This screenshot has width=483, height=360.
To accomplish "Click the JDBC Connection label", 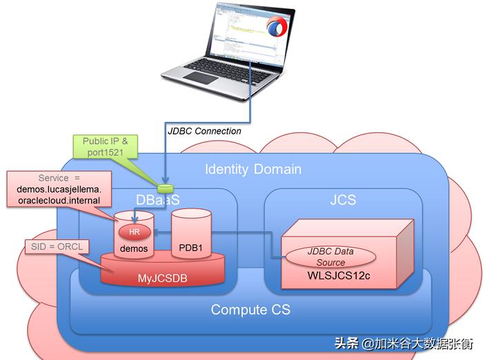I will [204, 131].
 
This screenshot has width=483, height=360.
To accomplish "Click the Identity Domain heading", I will [253, 169].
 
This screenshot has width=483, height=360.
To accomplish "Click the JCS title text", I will [342, 200].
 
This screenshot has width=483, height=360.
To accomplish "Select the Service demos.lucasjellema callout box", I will [58, 189].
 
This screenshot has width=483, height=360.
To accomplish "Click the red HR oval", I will [135, 232].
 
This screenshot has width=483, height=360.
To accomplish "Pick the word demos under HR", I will [134, 248].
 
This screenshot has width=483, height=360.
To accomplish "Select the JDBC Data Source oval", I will [331, 257].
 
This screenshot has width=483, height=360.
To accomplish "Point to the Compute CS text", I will [250, 310].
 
